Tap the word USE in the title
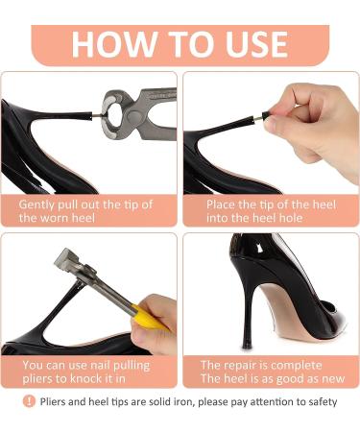click(x=247, y=44)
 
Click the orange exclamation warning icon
click(x=29, y=401)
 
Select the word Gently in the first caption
click(x=41, y=204)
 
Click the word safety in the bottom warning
click(x=318, y=401)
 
